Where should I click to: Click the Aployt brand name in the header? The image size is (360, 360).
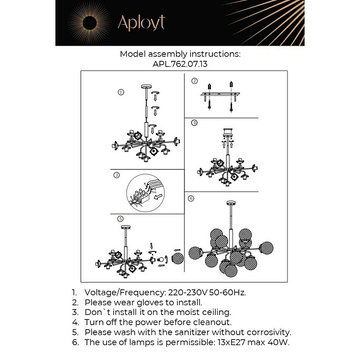tap(141, 23)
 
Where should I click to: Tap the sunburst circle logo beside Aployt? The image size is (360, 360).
tap(90, 23)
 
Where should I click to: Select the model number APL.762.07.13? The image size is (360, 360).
tap(180, 65)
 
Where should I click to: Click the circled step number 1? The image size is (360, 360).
tap(121, 92)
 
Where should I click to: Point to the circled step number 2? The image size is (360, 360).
tap(194, 81)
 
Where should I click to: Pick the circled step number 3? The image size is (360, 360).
tap(116, 175)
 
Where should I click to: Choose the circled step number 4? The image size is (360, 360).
tap(194, 122)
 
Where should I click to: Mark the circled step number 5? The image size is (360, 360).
tap(121, 219)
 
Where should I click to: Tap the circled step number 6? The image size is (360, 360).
tap(191, 198)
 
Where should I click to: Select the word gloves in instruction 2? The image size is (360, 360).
tap(140, 302)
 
